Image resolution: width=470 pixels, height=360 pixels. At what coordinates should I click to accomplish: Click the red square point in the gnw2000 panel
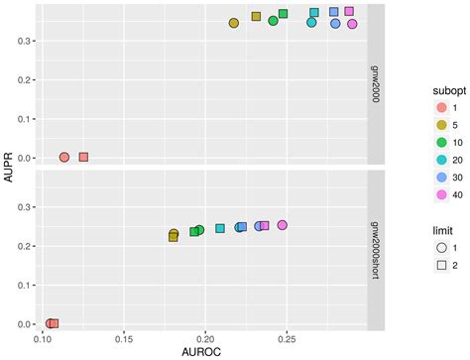(x=83, y=157)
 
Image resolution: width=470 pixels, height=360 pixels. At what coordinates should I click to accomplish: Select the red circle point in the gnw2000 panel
(x=64, y=157)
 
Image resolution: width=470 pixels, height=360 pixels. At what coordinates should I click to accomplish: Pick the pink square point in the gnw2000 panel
(x=349, y=12)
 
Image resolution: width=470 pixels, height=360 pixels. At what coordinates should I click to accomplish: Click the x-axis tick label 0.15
(x=123, y=337)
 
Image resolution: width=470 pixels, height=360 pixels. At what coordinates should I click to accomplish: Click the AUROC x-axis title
(x=203, y=351)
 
